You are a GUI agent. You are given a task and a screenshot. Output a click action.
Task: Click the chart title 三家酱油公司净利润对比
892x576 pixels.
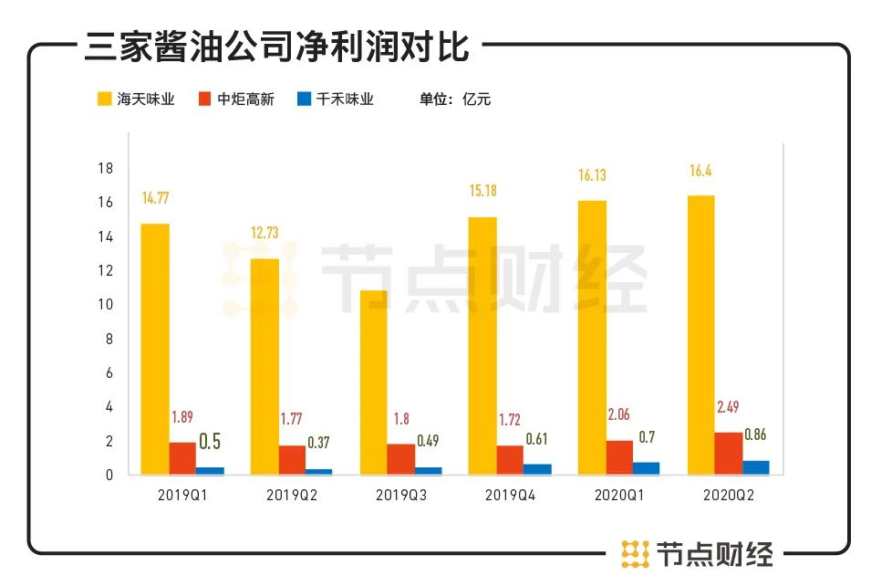pyautogui.click(x=276, y=47)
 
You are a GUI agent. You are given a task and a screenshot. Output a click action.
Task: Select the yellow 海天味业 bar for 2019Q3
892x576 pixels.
pyautogui.click(x=373, y=382)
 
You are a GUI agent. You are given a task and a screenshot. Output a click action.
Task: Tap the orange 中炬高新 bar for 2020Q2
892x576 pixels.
pyautogui.click(x=728, y=454)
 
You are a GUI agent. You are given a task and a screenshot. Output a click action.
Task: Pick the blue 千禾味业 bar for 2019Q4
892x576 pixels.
pyautogui.click(x=537, y=469)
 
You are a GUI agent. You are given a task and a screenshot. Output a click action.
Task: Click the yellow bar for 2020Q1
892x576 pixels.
pyautogui.click(x=592, y=338)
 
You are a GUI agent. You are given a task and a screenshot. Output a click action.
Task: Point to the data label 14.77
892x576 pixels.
pyautogui.click(x=155, y=196)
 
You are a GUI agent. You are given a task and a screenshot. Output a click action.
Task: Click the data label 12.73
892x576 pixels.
pyautogui.click(x=264, y=232)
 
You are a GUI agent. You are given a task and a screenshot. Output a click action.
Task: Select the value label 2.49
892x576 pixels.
pyautogui.click(x=728, y=407)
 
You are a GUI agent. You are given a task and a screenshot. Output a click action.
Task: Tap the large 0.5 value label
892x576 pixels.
pyautogui.click(x=210, y=442)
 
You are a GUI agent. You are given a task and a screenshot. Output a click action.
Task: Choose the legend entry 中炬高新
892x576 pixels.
pyautogui.click(x=235, y=99)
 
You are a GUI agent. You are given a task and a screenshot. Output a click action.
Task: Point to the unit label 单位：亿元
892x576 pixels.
pyautogui.click(x=455, y=99)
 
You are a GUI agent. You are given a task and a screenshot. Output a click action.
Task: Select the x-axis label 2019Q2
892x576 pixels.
pyautogui.click(x=292, y=496)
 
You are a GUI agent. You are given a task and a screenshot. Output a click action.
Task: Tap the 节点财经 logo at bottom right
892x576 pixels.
pyautogui.click(x=698, y=552)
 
